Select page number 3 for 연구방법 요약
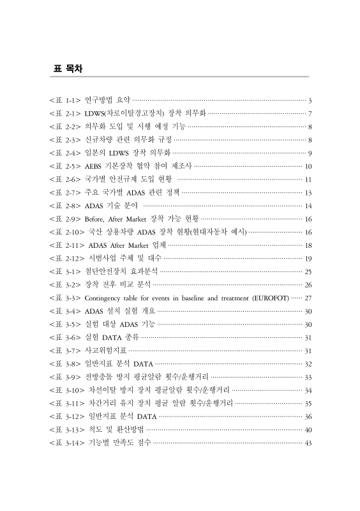pos(309,100)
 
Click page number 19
pos(307,258)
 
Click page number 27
pos(307,298)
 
